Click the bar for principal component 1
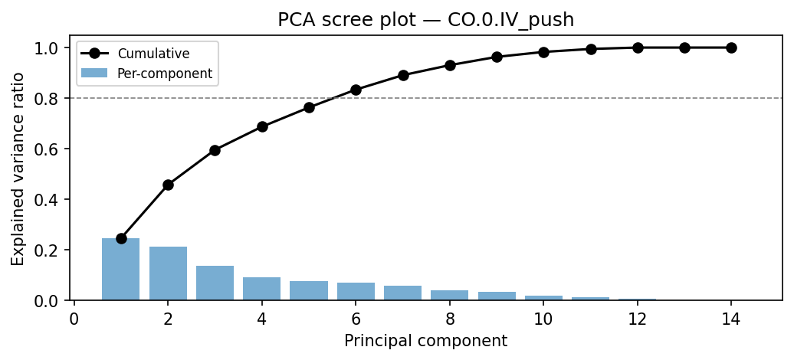[x=121, y=270]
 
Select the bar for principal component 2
[x=168, y=273]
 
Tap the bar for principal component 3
[x=215, y=283]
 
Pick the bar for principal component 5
[x=309, y=290]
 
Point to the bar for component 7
[x=402, y=293]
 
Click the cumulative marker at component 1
[x=121, y=238]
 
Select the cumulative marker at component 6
[x=356, y=90]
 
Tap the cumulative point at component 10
[x=543, y=52]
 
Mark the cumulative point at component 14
[x=731, y=47]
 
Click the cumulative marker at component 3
[x=215, y=150]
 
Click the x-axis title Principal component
[x=425, y=341]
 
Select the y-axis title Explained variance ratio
[x=18, y=169]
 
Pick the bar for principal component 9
[x=497, y=296]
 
